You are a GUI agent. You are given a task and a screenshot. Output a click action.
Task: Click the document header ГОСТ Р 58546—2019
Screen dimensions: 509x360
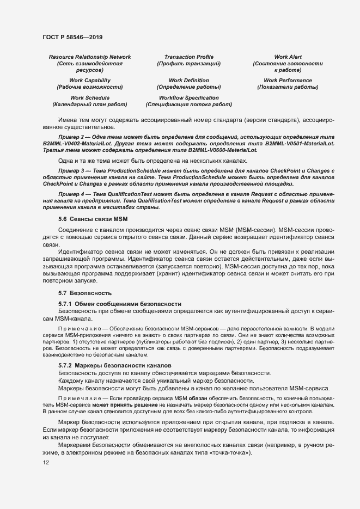72,37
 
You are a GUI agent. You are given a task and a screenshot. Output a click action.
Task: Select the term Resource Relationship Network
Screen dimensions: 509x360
90,57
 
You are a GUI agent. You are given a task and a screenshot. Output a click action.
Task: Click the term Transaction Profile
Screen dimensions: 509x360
188,57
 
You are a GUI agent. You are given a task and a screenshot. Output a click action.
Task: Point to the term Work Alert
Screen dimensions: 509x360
288,57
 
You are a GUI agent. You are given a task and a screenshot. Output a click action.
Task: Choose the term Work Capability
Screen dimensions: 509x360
90,80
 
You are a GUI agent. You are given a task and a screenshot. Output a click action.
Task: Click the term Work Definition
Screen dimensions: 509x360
188,80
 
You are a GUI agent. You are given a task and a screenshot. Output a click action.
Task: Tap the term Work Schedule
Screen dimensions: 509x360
90,97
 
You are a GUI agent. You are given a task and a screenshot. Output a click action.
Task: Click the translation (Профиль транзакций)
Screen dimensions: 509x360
188,64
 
